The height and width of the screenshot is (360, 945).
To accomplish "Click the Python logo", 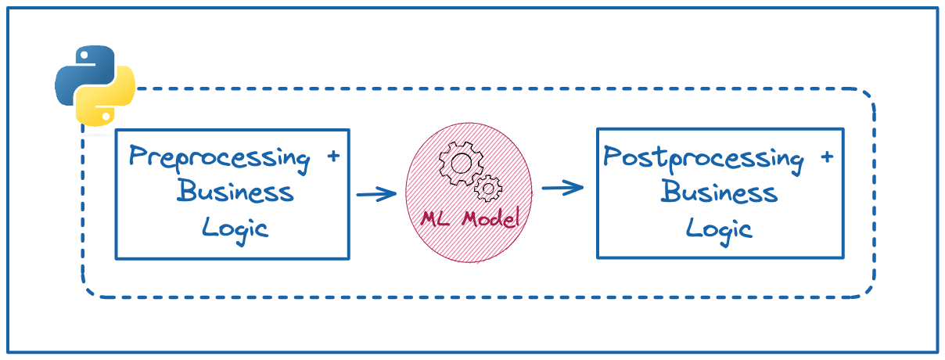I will point(95,85).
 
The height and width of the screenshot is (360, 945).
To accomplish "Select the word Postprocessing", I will point(703,159).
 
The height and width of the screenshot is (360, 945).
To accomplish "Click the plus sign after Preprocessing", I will point(332,157).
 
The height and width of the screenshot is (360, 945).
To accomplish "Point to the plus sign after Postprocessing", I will point(826,157).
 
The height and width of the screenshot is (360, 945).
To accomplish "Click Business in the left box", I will point(235,192).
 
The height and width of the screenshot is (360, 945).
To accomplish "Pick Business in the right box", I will point(720,192).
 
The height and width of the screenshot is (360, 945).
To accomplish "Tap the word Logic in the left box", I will point(235,228).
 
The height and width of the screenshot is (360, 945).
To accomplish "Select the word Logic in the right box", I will point(719,228).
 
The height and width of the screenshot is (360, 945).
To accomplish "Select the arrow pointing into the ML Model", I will point(376,194).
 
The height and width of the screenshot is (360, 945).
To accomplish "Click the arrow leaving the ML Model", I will point(562,188).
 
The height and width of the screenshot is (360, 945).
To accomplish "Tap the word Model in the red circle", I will point(490,218).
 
